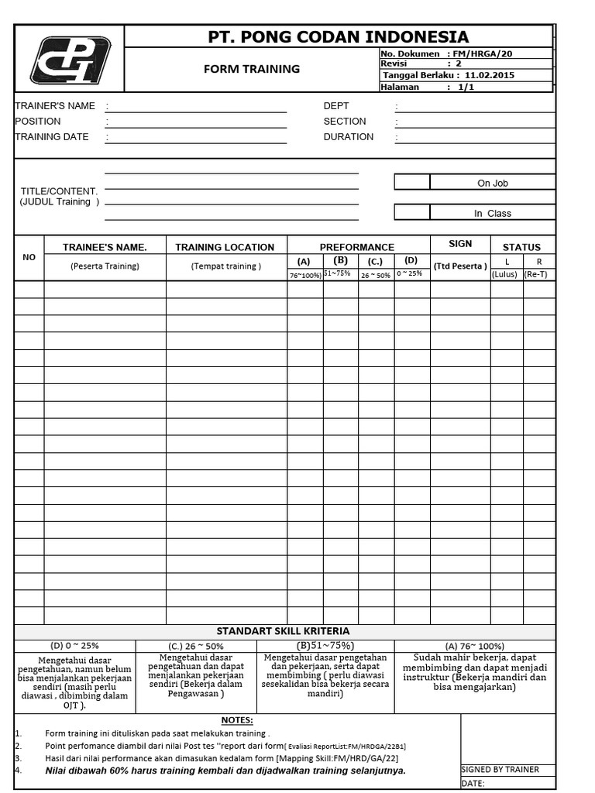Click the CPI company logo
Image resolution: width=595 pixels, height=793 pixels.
pos(70,60)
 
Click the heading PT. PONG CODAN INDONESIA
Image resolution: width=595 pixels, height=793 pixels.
pos(339,36)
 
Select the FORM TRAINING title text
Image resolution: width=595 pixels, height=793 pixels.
pos(251,69)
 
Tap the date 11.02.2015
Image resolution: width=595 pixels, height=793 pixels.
pos(490,76)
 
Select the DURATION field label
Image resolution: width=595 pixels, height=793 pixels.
pos(348,137)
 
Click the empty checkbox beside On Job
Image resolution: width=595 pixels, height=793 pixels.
pos(412,183)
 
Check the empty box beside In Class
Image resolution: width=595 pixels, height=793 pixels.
pos(412,212)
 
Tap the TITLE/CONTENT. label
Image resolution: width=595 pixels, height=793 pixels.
pos(59,191)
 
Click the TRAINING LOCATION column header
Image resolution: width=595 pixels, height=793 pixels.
pos(225,247)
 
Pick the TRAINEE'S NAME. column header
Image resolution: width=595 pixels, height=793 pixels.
pos(105,247)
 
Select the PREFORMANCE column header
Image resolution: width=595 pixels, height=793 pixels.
pos(357,247)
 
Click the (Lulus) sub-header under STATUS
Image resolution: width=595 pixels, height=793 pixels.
pos(504,274)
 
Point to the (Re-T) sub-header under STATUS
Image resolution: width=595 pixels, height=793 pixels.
pos(539,274)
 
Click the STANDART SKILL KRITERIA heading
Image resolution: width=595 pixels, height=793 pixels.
pos(283,631)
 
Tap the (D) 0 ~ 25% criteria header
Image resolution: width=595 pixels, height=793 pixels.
pos(74,645)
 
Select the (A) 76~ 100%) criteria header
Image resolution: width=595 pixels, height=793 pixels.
pos(474,646)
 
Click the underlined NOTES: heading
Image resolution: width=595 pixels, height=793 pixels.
pos(237,720)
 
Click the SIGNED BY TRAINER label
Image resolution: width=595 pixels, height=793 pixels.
pos(500,770)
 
